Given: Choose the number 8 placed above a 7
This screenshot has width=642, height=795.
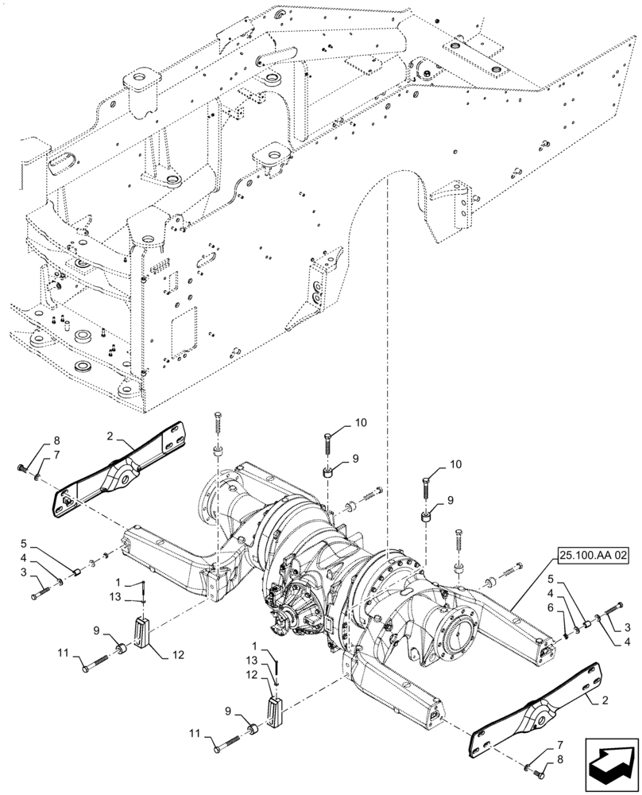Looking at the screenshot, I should [56, 440].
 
